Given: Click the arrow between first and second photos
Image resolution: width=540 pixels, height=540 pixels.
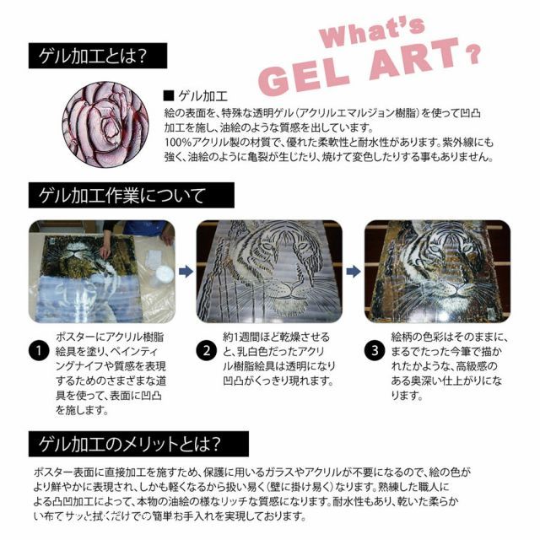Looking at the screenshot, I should [x=184, y=272].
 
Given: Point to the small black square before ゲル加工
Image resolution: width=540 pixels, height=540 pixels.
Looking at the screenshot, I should [x=168, y=95].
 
